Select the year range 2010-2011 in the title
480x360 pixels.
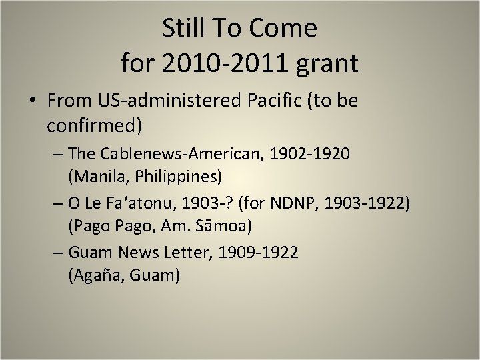[229, 63]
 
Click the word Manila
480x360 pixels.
[93, 177]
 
